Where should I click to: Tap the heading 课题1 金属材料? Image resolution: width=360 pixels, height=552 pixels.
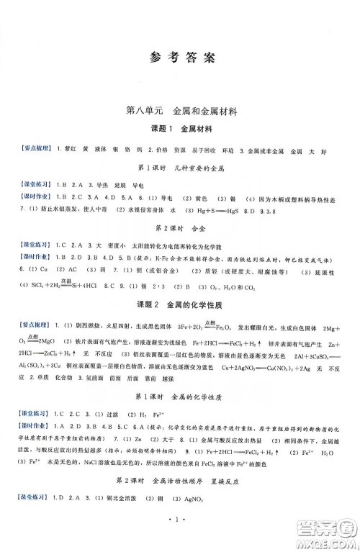(180, 129)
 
